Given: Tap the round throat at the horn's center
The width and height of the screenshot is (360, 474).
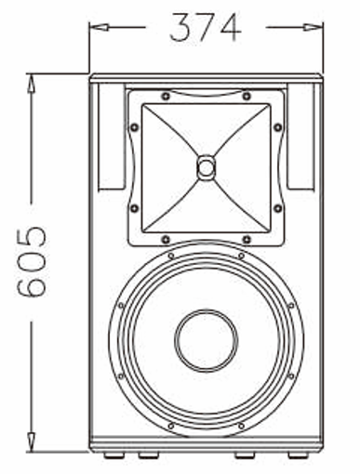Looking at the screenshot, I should [x=206, y=168].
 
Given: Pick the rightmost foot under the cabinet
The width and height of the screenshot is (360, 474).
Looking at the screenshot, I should [x=297, y=454].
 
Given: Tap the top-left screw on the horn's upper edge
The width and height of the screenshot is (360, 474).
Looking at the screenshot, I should [x=166, y=95].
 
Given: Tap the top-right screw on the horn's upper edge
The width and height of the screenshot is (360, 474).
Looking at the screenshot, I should [x=247, y=95].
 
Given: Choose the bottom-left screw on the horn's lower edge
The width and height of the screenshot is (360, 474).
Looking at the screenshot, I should [x=166, y=240].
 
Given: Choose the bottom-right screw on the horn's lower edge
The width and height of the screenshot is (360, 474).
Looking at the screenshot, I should [x=247, y=240].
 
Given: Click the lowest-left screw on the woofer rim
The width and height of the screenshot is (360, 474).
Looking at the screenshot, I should [x=170, y=427].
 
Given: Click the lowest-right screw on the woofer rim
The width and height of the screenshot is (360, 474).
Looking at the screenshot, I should [x=242, y=427].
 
